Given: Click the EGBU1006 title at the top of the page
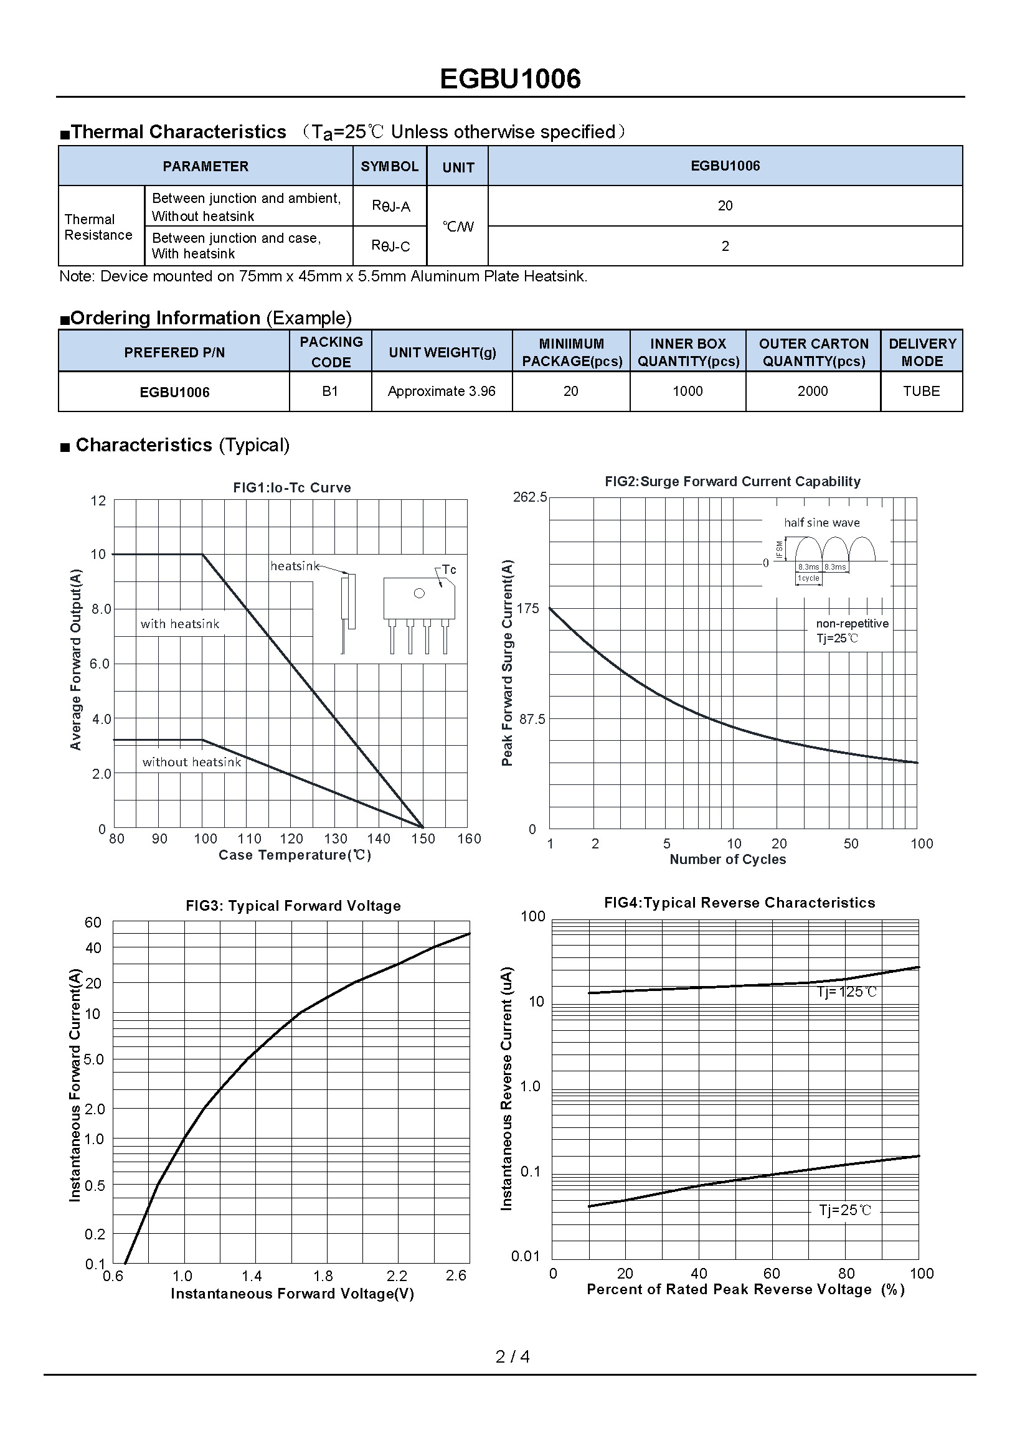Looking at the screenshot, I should [x=510, y=79].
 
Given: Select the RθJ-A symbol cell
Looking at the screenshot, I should [x=390, y=206].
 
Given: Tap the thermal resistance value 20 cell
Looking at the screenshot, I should [x=725, y=205].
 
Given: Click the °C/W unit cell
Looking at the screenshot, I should [x=457, y=227].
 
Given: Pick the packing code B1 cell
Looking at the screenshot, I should [x=330, y=392].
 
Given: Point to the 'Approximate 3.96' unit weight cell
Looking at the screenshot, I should [x=442, y=392].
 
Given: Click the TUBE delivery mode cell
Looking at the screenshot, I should [x=921, y=392].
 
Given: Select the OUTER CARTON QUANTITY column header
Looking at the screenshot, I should [x=813, y=352].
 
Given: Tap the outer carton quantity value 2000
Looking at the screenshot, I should [x=813, y=392].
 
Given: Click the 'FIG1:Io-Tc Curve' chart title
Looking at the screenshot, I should [x=291, y=487].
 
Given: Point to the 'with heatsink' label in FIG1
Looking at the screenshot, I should [x=180, y=624].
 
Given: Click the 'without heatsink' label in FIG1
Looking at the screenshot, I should [x=192, y=763].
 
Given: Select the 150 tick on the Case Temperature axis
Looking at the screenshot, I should [x=423, y=838].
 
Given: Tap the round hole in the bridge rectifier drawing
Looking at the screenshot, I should [x=419, y=594].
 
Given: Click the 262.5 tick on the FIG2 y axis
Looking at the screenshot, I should [x=529, y=497].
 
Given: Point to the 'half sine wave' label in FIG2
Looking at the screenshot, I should [x=822, y=522].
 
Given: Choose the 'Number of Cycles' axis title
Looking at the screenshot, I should [x=727, y=859].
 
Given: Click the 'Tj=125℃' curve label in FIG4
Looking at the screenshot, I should [x=847, y=992].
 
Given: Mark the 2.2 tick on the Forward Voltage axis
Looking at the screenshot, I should [x=397, y=1275].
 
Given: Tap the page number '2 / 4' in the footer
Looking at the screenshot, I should [x=513, y=1356].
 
